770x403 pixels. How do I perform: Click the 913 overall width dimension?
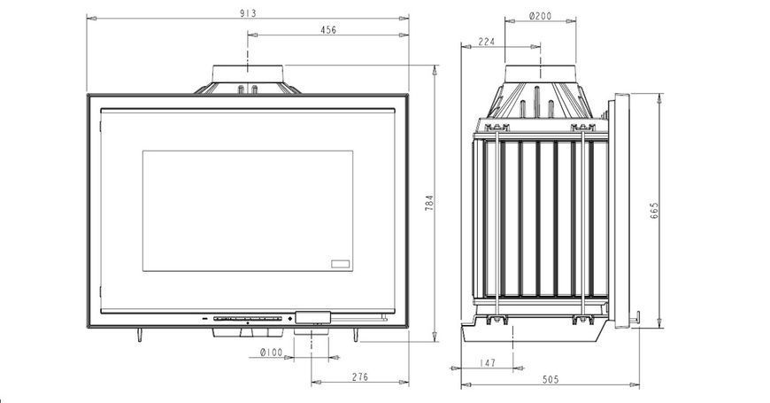[248, 13]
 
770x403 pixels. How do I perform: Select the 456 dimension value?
[328, 29]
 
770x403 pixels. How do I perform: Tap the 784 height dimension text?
[428, 203]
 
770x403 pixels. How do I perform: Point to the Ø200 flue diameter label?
[540, 16]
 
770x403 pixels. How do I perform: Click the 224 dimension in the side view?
[486, 42]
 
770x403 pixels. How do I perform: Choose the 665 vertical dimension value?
[654, 210]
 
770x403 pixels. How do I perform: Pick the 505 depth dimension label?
[551, 379]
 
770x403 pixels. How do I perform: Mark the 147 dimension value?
[487, 363]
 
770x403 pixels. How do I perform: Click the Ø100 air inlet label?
[271, 353]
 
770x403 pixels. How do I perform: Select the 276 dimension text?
[359, 377]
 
